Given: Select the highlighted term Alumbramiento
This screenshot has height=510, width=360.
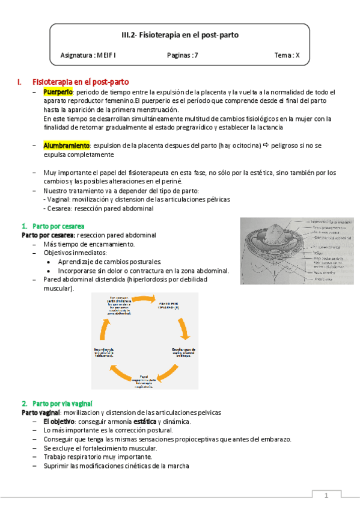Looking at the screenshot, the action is [66, 146].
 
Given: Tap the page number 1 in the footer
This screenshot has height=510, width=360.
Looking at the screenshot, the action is [326, 496].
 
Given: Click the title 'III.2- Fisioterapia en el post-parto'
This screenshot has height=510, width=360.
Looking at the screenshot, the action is [180, 35].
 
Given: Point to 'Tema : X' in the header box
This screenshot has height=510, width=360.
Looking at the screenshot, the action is [287, 55].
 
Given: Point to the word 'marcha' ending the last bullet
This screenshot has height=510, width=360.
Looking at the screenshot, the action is [177, 465].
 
